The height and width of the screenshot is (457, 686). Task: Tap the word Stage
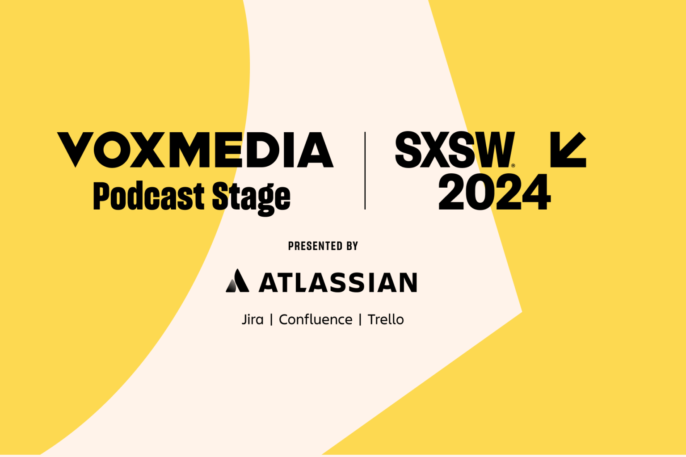pyautogui.click(x=251, y=197)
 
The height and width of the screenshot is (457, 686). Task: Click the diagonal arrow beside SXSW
pyautogui.click(x=568, y=150)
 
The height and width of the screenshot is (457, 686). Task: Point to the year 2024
pyautogui.click(x=494, y=193)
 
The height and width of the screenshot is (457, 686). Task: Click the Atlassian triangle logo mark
pyautogui.click(x=237, y=281)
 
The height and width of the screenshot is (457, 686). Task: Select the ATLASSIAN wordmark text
pyautogui.click(x=338, y=282)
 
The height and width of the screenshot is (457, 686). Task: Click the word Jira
pyautogui.click(x=253, y=319)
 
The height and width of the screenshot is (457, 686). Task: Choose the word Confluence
pyautogui.click(x=316, y=319)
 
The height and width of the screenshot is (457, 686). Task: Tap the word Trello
pyautogui.click(x=386, y=319)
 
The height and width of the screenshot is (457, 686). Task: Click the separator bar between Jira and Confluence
pyautogui.click(x=271, y=320)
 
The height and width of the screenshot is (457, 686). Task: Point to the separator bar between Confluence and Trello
pyautogui.click(x=360, y=320)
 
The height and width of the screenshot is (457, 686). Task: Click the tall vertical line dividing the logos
pyautogui.click(x=365, y=171)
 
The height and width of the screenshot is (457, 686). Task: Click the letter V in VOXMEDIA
pyautogui.click(x=76, y=149)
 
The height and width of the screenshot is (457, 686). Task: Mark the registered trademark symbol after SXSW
pyautogui.click(x=513, y=166)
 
